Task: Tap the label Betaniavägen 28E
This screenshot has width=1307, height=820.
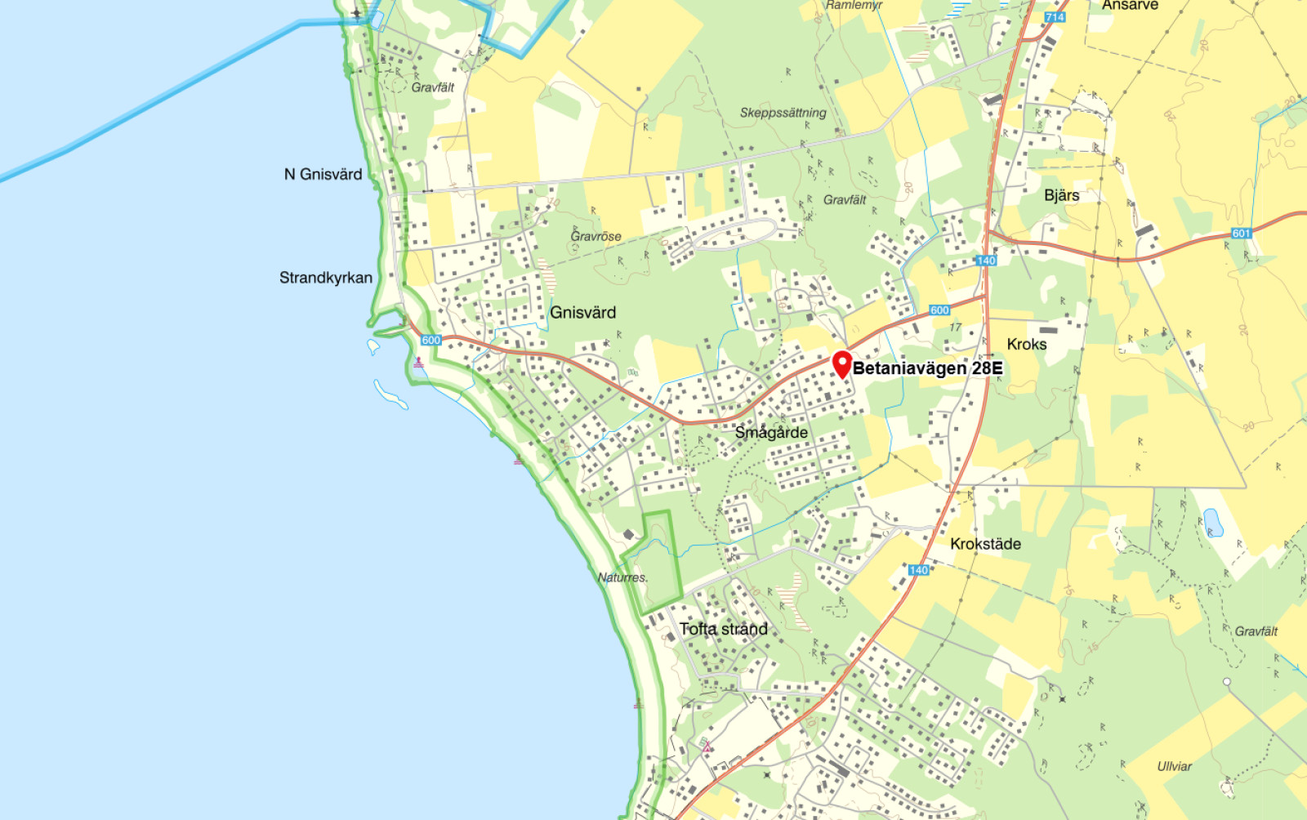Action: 927,368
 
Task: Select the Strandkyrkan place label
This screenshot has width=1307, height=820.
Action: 325,278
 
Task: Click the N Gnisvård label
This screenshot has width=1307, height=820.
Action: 323,174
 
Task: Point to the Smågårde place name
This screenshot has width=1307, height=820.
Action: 771,433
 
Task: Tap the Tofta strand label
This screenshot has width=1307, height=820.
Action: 723,629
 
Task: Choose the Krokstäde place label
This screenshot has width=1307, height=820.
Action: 985,544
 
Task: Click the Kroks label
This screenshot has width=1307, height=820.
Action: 1026,345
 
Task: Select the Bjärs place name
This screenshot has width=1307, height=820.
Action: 1061,195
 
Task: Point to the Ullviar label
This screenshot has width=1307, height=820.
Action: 1174,766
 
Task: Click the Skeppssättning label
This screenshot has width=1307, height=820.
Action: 783,113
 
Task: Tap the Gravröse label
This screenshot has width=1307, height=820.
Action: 596,236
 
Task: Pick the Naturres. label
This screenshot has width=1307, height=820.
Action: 622,577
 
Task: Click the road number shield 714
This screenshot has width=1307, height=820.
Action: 1055,17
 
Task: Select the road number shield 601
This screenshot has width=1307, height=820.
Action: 1241,234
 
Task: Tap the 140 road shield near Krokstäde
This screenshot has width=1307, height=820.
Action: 918,570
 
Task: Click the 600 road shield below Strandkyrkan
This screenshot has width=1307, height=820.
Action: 431,340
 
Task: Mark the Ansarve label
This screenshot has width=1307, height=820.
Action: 1130,6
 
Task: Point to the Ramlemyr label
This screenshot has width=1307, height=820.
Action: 854,5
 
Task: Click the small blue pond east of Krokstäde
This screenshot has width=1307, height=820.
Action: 1213,522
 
